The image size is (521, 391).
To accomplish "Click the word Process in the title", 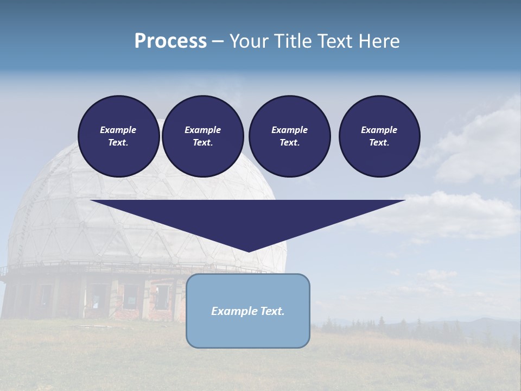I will coord(170,41).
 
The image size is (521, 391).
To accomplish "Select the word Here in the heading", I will coord(379,41).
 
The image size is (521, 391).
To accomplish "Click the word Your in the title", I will coord(250,41).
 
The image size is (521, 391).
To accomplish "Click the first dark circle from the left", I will coord(119,136).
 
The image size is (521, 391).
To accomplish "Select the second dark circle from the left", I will coord(203,136).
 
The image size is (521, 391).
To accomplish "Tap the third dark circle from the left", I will coord(290,136).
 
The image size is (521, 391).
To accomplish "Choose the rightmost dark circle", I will coord(379,136).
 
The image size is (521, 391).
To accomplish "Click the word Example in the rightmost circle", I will coord(379,130).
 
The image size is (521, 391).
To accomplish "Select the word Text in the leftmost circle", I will coord(118,143).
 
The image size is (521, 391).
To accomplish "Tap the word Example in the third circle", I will coord(290,130).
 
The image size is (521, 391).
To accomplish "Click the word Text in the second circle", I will coord(202,143).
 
